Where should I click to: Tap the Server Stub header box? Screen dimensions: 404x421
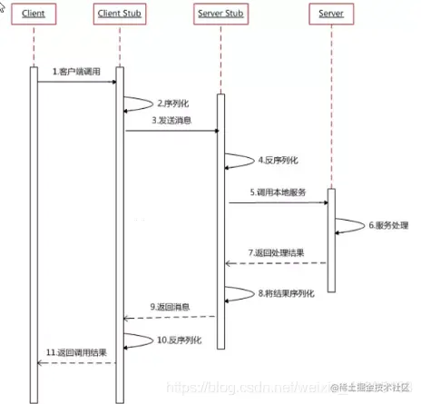point(219,15)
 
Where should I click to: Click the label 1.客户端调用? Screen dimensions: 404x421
point(77,72)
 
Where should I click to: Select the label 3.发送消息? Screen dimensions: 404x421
point(171,121)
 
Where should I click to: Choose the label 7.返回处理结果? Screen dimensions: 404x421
point(276,251)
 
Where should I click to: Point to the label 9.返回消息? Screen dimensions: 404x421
point(170,307)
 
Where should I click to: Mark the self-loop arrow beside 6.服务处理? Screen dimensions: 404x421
point(349,225)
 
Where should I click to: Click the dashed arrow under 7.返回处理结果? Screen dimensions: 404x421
point(276,263)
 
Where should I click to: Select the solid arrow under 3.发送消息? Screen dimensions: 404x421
point(171,131)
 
